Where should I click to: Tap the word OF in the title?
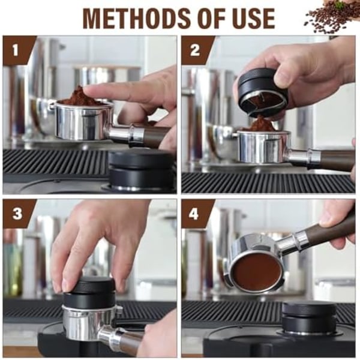(214, 19)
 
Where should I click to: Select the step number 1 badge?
(16, 50)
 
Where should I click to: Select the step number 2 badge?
(194, 50)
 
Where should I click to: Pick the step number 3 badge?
(17, 214)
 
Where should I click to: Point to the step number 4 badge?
(194, 214)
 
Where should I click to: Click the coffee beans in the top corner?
(331, 17)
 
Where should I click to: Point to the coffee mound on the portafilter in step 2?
(262, 124)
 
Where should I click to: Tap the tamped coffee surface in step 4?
(257, 271)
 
